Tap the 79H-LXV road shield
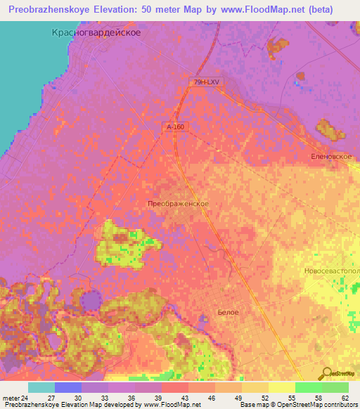point(207,83)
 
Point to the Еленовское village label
point(331,156)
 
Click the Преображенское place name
point(178,203)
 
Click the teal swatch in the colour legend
point(41,388)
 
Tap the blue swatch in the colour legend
point(67,388)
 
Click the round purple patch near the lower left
point(91,301)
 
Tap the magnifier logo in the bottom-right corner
point(326,372)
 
